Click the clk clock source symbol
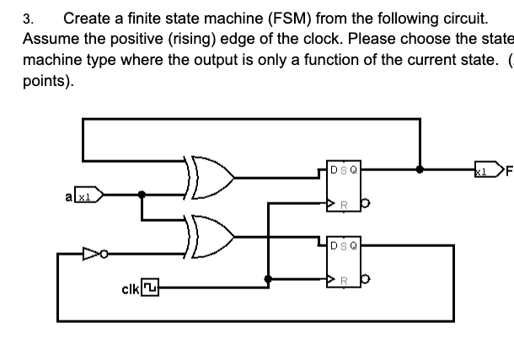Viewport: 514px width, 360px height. pos(150,289)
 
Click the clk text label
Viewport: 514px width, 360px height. pos(130,289)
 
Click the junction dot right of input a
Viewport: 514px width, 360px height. pos(142,194)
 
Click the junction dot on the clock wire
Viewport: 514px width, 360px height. pos(267,278)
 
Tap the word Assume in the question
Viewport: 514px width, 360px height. pos(48,39)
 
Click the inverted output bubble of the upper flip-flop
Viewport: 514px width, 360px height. pos(363,203)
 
